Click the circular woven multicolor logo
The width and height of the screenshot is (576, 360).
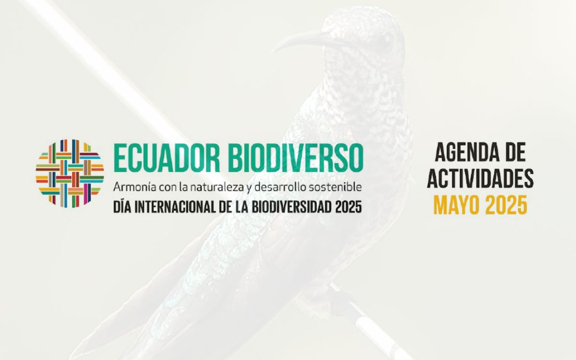pyautogui.click(x=70, y=173)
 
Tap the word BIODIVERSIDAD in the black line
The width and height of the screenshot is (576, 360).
pyautogui.click(x=292, y=206)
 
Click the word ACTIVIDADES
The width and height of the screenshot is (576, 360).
pyautogui.click(x=481, y=179)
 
